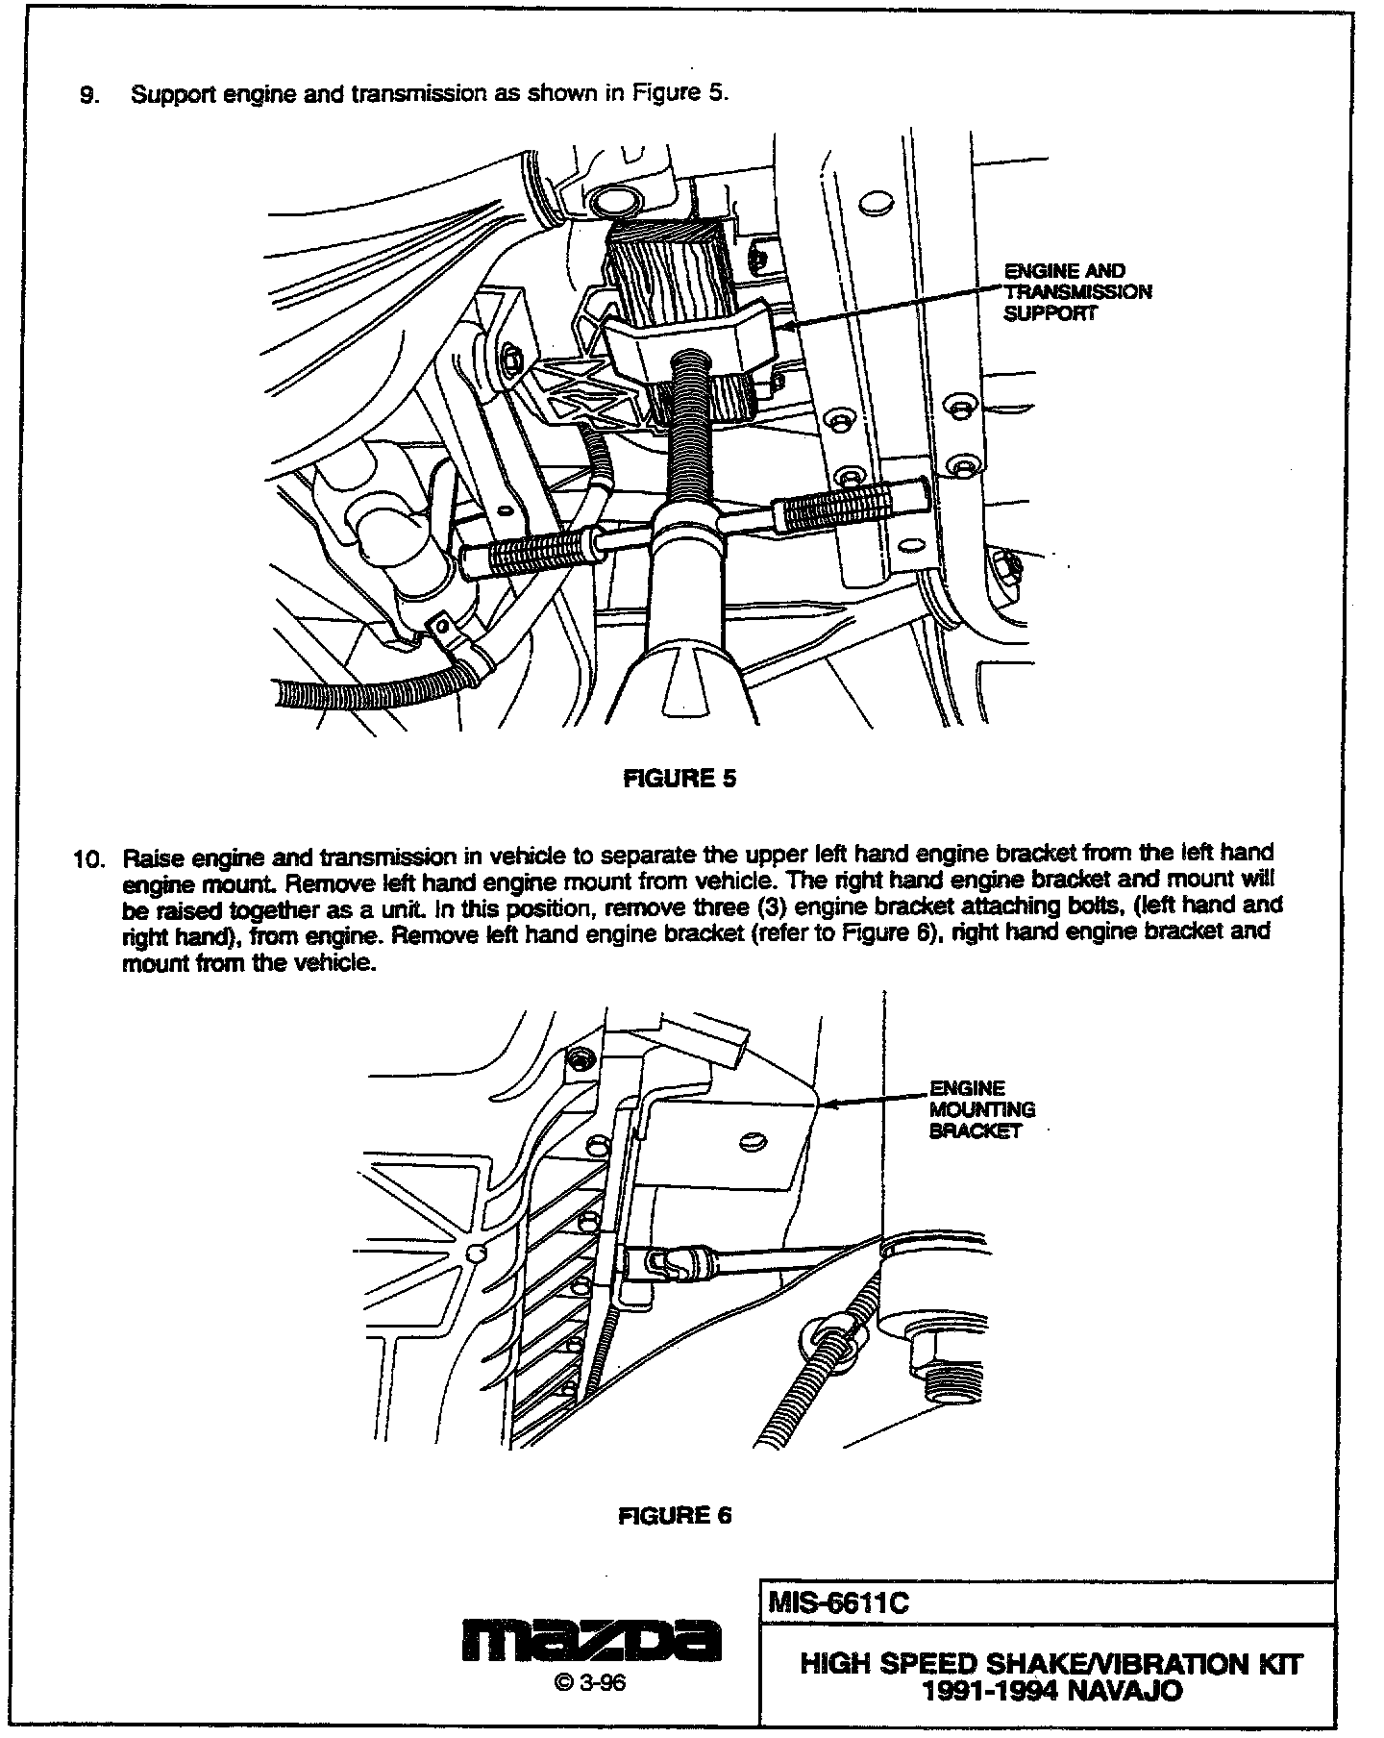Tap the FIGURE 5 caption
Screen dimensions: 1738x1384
click(680, 779)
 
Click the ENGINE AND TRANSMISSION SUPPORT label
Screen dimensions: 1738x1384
click(1077, 292)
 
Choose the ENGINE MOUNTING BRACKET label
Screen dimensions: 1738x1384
click(981, 1109)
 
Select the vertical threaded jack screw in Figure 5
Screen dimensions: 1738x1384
click(689, 433)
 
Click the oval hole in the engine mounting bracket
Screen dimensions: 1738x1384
click(755, 1141)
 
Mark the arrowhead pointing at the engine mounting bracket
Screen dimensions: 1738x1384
click(825, 1105)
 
